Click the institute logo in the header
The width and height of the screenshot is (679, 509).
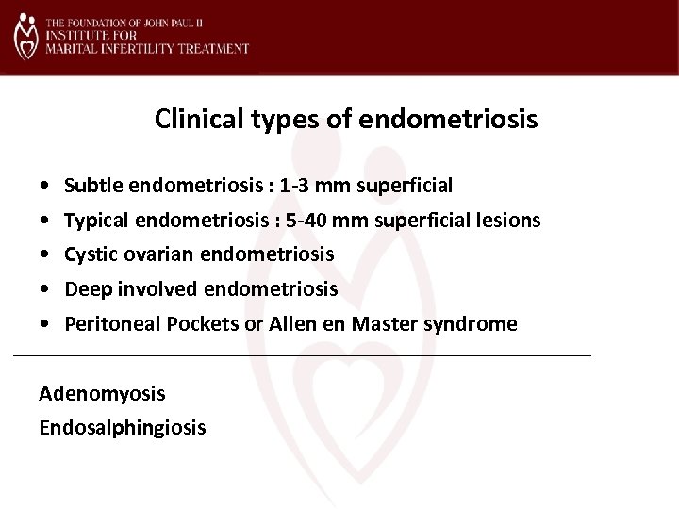(26, 37)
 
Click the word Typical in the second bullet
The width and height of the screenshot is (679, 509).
(94, 220)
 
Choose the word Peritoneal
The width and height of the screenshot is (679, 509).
(105, 324)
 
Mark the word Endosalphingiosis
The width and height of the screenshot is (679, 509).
(123, 427)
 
